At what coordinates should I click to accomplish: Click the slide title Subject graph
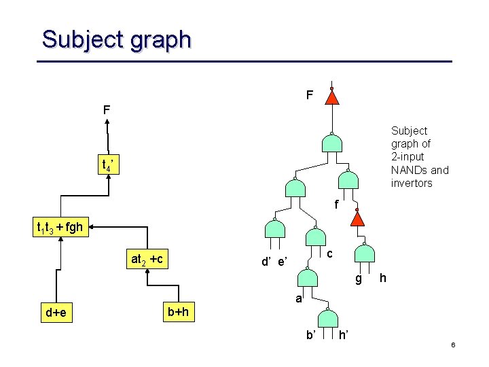[116, 39]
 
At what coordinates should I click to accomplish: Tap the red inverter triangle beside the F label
[331, 98]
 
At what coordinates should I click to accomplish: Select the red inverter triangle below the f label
[357, 218]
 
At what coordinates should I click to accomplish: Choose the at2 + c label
[151, 259]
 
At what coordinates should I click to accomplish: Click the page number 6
[452, 346]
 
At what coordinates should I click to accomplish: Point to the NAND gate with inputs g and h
[365, 253]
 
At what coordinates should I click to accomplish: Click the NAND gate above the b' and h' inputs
[327, 318]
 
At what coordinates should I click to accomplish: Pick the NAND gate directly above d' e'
[275, 230]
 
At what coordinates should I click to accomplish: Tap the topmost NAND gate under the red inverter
[331, 143]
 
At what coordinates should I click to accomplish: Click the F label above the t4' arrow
[107, 109]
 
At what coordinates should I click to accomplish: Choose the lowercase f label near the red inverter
[336, 203]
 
